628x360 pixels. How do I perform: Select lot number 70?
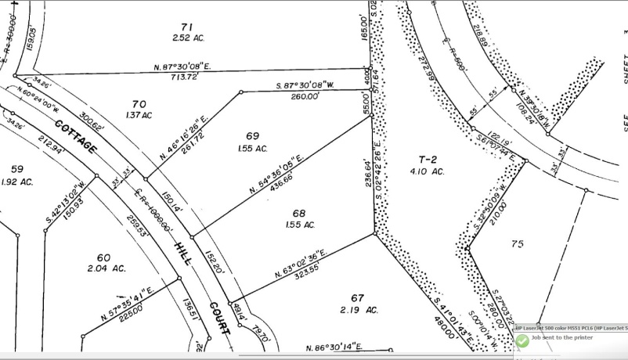pyautogui.click(x=139, y=104)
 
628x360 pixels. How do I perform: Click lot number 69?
pyautogui.click(x=252, y=136)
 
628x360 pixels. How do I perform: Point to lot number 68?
pyautogui.click(x=298, y=213)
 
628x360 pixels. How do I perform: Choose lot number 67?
pyautogui.click(x=359, y=298)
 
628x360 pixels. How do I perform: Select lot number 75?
pyautogui.click(x=517, y=244)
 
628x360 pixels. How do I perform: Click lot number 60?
pyautogui.click(x=103, y=257)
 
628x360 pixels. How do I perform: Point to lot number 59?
pyautogui.click(x=17, y=169)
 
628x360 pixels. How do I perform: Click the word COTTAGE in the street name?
pyautogui.click(x=77, y=138)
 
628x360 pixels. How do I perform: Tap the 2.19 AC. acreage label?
pyautogui.click(x=359, y=310)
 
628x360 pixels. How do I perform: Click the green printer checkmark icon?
pyautogui.click(x=522, y=341)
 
